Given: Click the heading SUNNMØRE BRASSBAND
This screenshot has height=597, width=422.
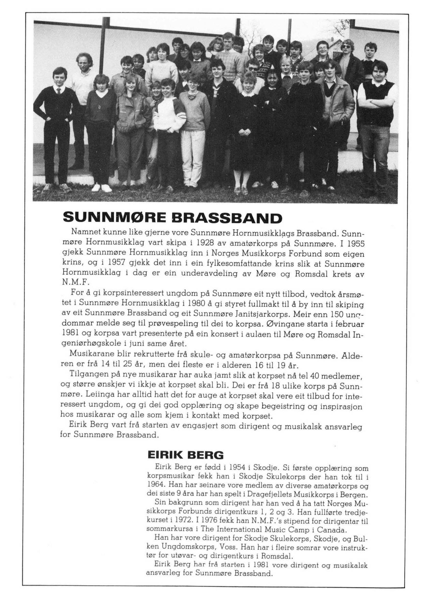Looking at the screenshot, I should coord(172,218).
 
